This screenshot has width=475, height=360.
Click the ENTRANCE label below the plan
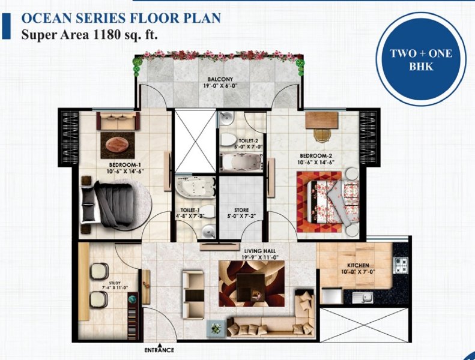coord(159,350)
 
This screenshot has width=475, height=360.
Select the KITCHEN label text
coord(358,265)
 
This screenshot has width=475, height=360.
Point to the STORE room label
coord(241,210)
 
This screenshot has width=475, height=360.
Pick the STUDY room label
coord(115,283)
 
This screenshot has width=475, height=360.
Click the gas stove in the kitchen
coord(401,266)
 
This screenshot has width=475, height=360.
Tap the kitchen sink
coord(363,298)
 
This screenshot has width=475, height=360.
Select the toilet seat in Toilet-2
coord(228,140)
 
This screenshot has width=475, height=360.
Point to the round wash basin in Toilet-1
coord(208,232)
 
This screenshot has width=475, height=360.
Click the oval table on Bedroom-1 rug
coord(118,145)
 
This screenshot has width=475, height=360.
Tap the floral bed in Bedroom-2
coord(333,202)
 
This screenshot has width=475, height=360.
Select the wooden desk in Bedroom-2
coord(322,120)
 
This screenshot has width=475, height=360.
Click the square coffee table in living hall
coord(250,287)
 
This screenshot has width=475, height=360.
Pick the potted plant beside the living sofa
coord(216,329)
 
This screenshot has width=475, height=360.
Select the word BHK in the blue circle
coord(421,67)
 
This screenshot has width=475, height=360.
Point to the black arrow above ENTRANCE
coord(160,345)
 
